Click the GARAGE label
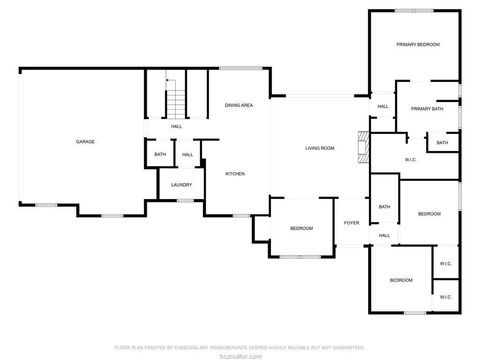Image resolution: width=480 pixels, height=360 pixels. [85, 142]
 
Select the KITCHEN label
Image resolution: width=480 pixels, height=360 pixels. [235, 174]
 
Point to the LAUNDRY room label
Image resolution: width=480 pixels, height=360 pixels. [181, 185]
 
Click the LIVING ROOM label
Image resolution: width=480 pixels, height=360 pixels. [319, 149]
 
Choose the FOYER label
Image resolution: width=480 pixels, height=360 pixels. [352, 222]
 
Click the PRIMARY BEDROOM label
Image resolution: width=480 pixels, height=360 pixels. [417, 45]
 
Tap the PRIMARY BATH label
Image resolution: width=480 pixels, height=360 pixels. [427, 108]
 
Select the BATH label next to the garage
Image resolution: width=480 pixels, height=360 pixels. [160, 154]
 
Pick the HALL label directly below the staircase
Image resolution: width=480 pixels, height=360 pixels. [176, 127]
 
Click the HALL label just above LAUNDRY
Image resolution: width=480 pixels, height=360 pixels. [187, 154]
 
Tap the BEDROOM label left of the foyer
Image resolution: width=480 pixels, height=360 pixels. [301, 229]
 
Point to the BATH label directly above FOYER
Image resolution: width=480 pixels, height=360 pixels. [384, 207]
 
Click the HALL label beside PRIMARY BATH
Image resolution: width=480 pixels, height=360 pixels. [383, 107]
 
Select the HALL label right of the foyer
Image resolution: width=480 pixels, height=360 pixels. [384, 235]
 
